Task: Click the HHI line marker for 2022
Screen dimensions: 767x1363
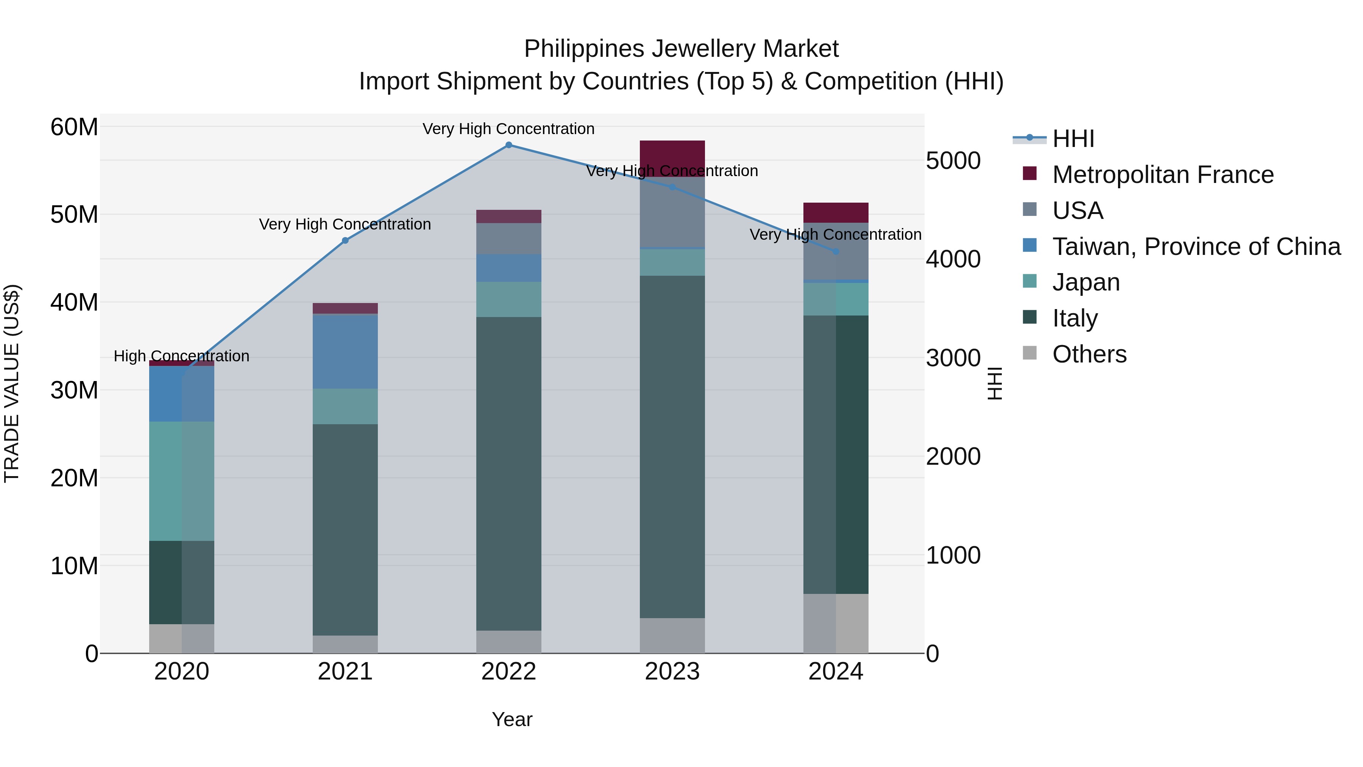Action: pyautogui.click(x=508, y=145)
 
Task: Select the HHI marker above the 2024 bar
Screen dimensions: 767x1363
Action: pyautogui.click(x=836, y=252)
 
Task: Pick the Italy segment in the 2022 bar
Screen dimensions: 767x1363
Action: pyautogui.click(x=508, y=474)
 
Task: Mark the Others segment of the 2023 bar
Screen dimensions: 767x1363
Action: pyautogui.click(x=672, y=635)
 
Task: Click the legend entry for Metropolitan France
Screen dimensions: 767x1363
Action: pyautogui.click(x=1163, y=175)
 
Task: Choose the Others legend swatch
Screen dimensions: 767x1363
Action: pyautogui.click(x=1030, y=353)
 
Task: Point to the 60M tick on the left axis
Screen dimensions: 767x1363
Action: pyautogui.click(x=74, y=128)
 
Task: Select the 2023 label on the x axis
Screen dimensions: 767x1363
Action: pyautogui.click(x=672, y=672)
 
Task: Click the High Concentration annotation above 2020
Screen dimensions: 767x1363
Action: pyautogui.click(x=181, y=356)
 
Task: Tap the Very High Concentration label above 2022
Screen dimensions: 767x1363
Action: pyautogui.click(x=508, y=129)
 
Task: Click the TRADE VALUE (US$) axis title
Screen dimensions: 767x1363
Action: pyautogui.click(x=12, y=383)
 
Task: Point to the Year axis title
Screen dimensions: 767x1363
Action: pyautogui.click(x=512, y=719)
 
